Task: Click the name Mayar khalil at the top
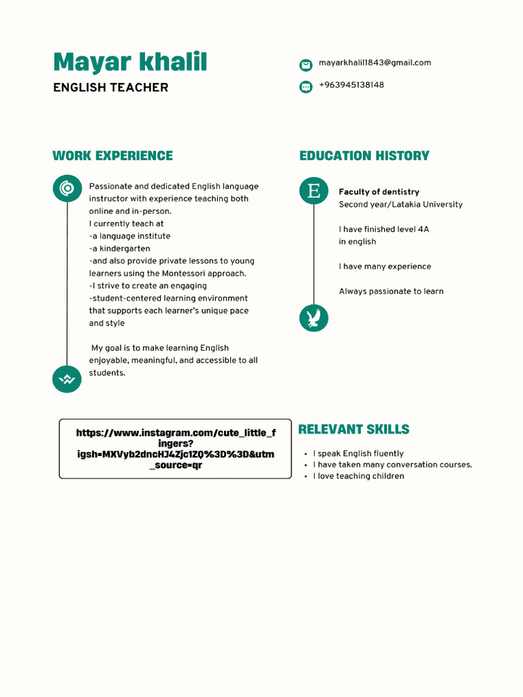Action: (x=130, y=62)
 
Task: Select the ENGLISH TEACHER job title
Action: (x=110, y=87)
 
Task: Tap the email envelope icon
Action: (x=306, y=65)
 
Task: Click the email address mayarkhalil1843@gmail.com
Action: (x=375, y=63)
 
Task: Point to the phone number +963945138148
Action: (x=351, y=85)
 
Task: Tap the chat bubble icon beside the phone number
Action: (x=306, y=86)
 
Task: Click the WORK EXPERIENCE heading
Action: (x=112, y=156)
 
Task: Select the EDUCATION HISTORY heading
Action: (x=364, y=156)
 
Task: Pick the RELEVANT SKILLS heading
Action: (x=353, y=429)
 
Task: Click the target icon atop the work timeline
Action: (x=67, y=188)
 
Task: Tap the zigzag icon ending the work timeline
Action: (x=67, y=378)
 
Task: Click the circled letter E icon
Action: (x=313, y=190)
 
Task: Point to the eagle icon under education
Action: (x=313, y=318)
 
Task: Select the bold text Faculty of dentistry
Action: (x=379, y=192)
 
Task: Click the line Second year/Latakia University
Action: (x=400, y=204)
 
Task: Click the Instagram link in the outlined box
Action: (x=176, y=449)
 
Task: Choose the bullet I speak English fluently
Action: (x=358, y=453)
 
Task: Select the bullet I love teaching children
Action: (x=358, y=476)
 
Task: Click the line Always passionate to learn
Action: (x=391, y=291)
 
